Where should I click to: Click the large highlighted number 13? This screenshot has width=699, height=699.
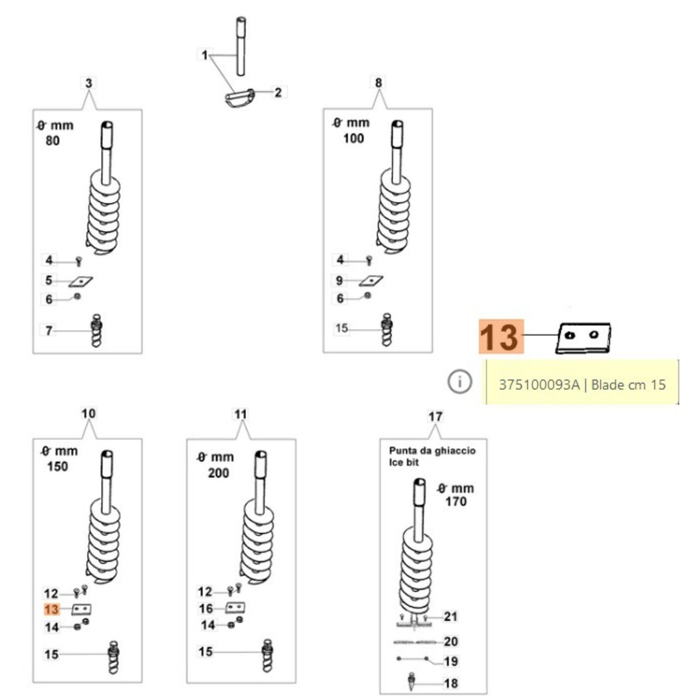coord(501,337)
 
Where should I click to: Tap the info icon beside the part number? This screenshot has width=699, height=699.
coord(459,382)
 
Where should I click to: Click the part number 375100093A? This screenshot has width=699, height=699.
coord(539,385)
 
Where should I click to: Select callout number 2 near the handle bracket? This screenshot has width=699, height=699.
coord(278,93)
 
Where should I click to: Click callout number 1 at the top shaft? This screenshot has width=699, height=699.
coord(204,55)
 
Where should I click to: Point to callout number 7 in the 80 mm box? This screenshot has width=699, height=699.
coord(49,331)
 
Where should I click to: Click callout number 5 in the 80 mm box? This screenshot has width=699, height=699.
coord(49,280)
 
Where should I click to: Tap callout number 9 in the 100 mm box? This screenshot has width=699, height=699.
coord(339,280)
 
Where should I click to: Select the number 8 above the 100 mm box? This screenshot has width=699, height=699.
coord(378,83)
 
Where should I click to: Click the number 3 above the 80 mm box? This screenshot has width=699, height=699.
coord(89,83)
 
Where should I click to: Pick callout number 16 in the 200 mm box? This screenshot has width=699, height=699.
coord(206,608)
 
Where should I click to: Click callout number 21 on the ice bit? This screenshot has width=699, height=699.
coord(450,616)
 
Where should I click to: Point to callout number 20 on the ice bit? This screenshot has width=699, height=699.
coord(450,641)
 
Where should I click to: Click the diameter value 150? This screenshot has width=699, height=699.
coord(58,466)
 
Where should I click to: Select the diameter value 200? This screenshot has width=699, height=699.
coord(218,473)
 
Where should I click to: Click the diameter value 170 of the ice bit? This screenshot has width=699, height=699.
coord(456,501)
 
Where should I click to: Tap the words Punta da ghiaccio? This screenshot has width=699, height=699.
coord(432,450)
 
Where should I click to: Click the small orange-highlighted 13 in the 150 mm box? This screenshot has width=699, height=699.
coord(51,609)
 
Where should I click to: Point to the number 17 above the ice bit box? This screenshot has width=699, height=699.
coord(435,416)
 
